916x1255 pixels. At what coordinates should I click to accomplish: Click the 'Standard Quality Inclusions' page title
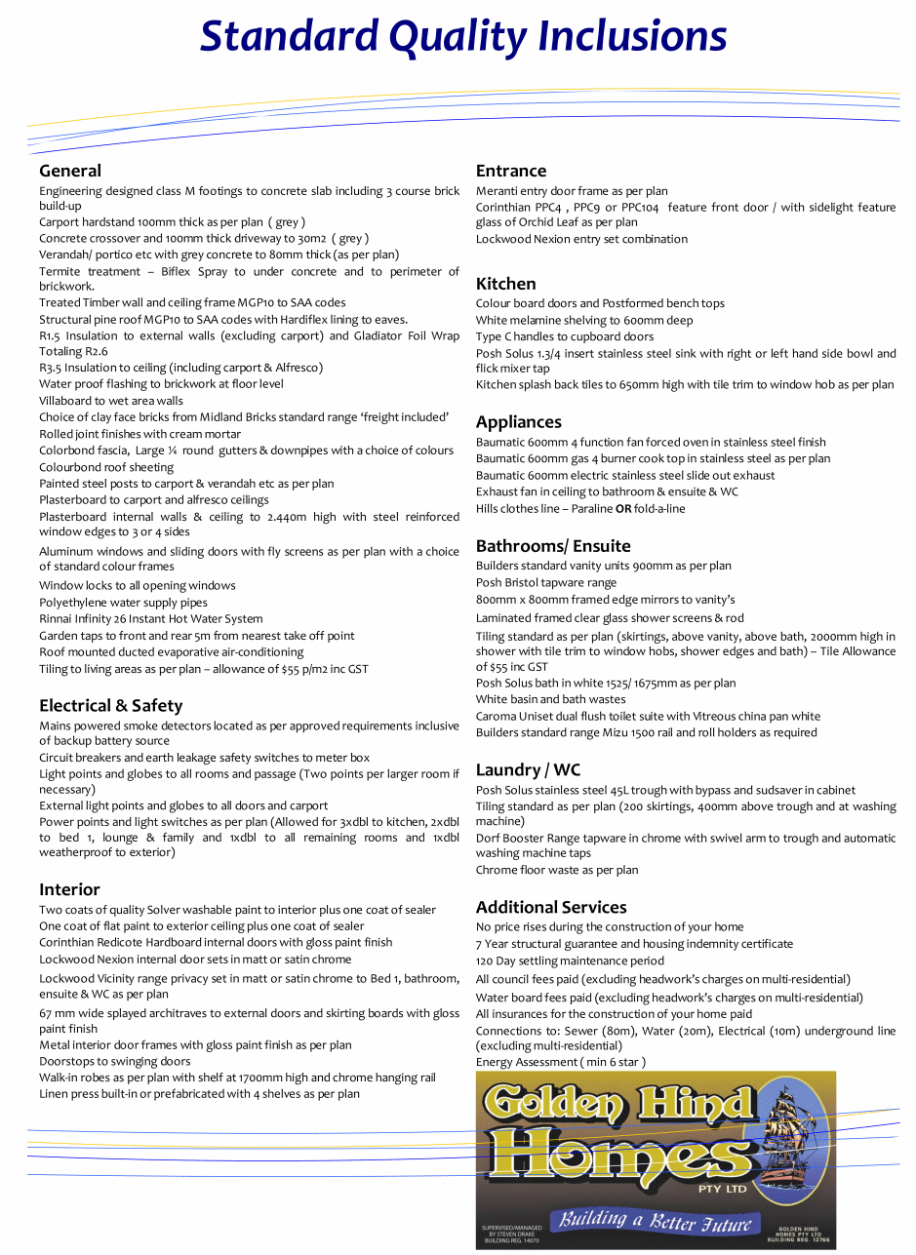463,37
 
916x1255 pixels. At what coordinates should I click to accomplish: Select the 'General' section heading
70,171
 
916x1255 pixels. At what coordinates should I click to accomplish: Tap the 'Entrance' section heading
511,171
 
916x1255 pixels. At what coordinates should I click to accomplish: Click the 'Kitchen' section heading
506,284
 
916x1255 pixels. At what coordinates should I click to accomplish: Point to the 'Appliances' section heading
519,422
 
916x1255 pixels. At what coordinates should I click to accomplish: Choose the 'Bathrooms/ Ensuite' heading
553,546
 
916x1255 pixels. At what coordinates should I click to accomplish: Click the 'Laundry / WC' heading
528,770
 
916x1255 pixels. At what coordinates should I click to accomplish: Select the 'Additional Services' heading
551,907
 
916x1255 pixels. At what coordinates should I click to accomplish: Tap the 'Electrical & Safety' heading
111,705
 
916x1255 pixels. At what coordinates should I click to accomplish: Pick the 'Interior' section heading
69,889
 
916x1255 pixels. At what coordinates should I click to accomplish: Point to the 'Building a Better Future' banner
651,1221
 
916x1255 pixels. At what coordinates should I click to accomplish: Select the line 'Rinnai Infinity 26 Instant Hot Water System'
151,619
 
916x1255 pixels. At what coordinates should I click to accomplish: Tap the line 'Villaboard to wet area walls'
111,401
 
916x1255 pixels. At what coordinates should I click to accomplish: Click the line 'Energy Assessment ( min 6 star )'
561,1062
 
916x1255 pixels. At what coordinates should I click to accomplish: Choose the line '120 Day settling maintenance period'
570,961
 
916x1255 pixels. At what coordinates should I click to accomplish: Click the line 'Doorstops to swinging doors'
115,1061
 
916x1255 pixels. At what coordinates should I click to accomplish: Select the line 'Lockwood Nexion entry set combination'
581,239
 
